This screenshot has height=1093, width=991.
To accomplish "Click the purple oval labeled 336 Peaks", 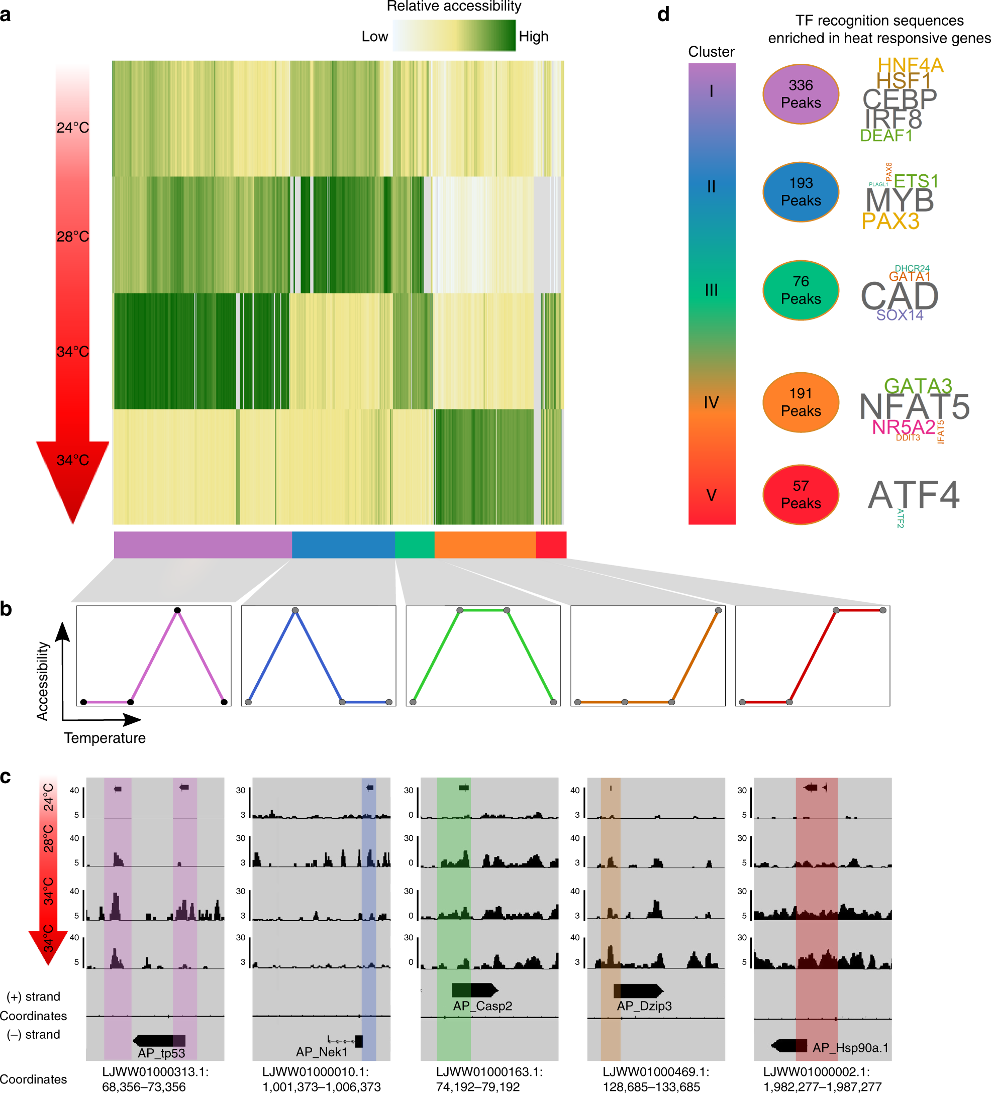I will [x=800, y=94].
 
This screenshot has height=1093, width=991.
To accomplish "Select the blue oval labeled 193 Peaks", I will [x=800, y=192].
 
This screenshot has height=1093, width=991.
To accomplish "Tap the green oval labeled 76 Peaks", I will [x=800, y=290].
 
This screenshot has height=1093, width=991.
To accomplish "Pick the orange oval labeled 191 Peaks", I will [x=800, y=402].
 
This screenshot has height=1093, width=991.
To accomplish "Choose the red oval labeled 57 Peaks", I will [x=800, y=494].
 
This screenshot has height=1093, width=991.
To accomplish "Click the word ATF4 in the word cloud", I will [x=914, y=495].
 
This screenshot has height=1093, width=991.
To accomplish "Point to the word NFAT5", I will [x=915, y=407].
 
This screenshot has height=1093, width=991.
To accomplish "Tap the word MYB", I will [x=900, y=200].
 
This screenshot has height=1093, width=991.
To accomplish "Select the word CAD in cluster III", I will [x=900, y=296].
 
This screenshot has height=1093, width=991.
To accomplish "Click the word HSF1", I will [x=903, y=81].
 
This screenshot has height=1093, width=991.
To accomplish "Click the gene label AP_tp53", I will [x=161, y=1053].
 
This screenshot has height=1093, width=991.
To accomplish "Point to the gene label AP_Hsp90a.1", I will [x=850, y=1047].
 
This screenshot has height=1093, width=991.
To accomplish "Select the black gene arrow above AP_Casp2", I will [x=474, y=990].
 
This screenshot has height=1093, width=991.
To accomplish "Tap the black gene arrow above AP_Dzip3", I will [x=638, y=991].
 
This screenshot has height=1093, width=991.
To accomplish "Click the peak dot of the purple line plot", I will [x=177, y=610].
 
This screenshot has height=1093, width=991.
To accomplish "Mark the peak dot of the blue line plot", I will [x=295, y=610].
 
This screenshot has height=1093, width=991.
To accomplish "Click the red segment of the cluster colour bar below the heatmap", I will [x=551, y=545].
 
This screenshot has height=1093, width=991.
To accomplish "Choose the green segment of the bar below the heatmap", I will [x=415, y=545].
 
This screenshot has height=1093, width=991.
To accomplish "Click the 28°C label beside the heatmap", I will [x=73, y=237].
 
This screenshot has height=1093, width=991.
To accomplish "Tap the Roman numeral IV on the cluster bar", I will [x=711, y=402].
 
